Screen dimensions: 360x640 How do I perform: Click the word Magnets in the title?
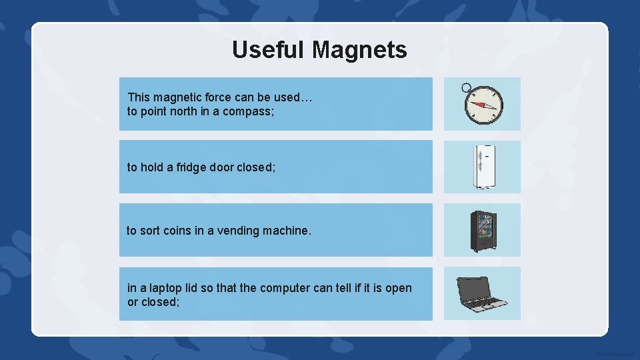pos(359,49)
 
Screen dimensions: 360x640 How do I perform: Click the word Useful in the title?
pos(269,49)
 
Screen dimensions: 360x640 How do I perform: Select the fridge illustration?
pos(483,167)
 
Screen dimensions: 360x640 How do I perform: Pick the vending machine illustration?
pos(483,231)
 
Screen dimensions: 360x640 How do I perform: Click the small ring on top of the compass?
pos(466,87)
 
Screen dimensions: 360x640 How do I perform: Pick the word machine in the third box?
pos(287,231)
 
